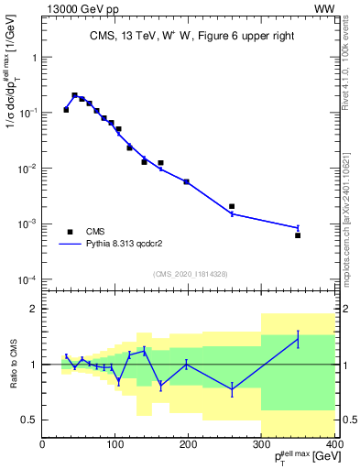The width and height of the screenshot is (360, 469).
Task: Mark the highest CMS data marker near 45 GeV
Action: [x=74, y=94]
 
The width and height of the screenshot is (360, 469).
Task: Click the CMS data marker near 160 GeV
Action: [x=160, y=163]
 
